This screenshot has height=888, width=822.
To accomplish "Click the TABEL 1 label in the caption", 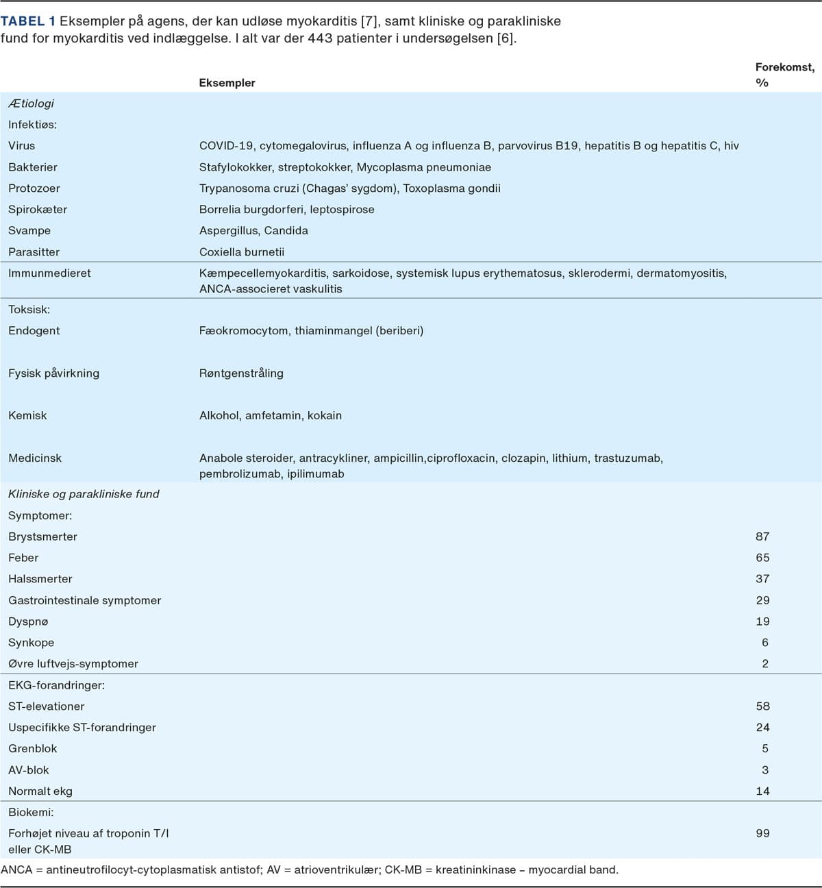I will click(x=28, y=21).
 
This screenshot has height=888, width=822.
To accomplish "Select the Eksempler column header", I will click(x=227, y=83).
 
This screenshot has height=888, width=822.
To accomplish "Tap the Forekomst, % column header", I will click(x=784, y=75).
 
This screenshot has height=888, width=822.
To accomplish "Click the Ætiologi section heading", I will click(x=31, y=103).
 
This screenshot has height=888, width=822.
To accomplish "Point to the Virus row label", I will click(x=21, y=146).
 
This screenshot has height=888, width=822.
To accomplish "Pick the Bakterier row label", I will click(x=33, y=167).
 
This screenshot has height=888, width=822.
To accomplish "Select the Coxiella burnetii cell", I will click(x=242, y=252).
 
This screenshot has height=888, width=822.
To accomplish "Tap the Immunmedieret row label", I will click(x=49, y=273).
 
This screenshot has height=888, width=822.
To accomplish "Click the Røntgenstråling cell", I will click(x=241, y=373).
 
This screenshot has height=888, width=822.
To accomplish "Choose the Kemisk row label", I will click(x=27, y=416).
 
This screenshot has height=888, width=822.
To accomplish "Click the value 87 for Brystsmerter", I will click(x=762, y=537).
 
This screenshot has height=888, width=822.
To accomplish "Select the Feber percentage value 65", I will click(x=762, y=558).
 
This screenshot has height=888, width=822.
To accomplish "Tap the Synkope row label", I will click(x=31, y=643).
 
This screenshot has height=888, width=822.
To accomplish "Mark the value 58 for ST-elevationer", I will click(x=762, y=706).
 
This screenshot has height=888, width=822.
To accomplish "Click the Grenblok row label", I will click(x=33, y=749).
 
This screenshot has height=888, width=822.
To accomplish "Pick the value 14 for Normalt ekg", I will click(x=762, y=791).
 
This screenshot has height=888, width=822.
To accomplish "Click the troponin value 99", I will click(x=762, y=834).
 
